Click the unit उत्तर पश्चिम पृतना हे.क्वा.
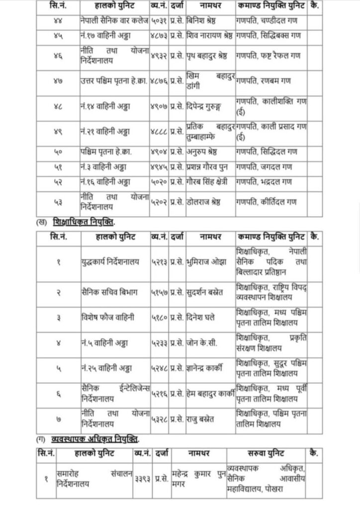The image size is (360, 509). pos(114,81)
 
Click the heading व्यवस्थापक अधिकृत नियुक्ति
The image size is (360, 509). pos(95,439)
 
